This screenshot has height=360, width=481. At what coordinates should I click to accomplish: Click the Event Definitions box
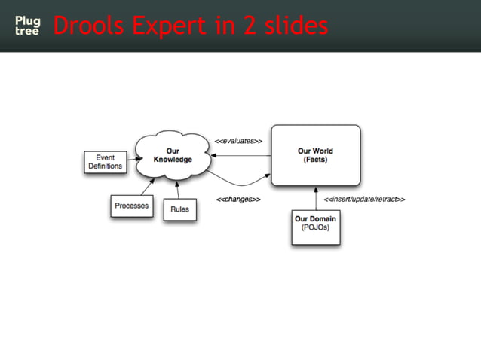coord(105,162)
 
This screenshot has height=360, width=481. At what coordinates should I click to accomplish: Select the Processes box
coord(132,206)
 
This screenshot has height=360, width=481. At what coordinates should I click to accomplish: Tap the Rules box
coord(179,209)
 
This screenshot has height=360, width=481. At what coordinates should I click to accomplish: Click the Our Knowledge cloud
coord(173,156)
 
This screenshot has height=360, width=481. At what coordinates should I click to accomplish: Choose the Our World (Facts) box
coord(315,156)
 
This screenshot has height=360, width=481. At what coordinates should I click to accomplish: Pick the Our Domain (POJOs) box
coord(316,227)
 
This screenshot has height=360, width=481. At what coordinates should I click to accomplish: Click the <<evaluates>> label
coord(238,141)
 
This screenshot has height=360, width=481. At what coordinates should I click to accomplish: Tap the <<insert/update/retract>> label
coord(365,200)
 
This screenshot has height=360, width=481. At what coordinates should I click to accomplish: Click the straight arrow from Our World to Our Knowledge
coord(241,155)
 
